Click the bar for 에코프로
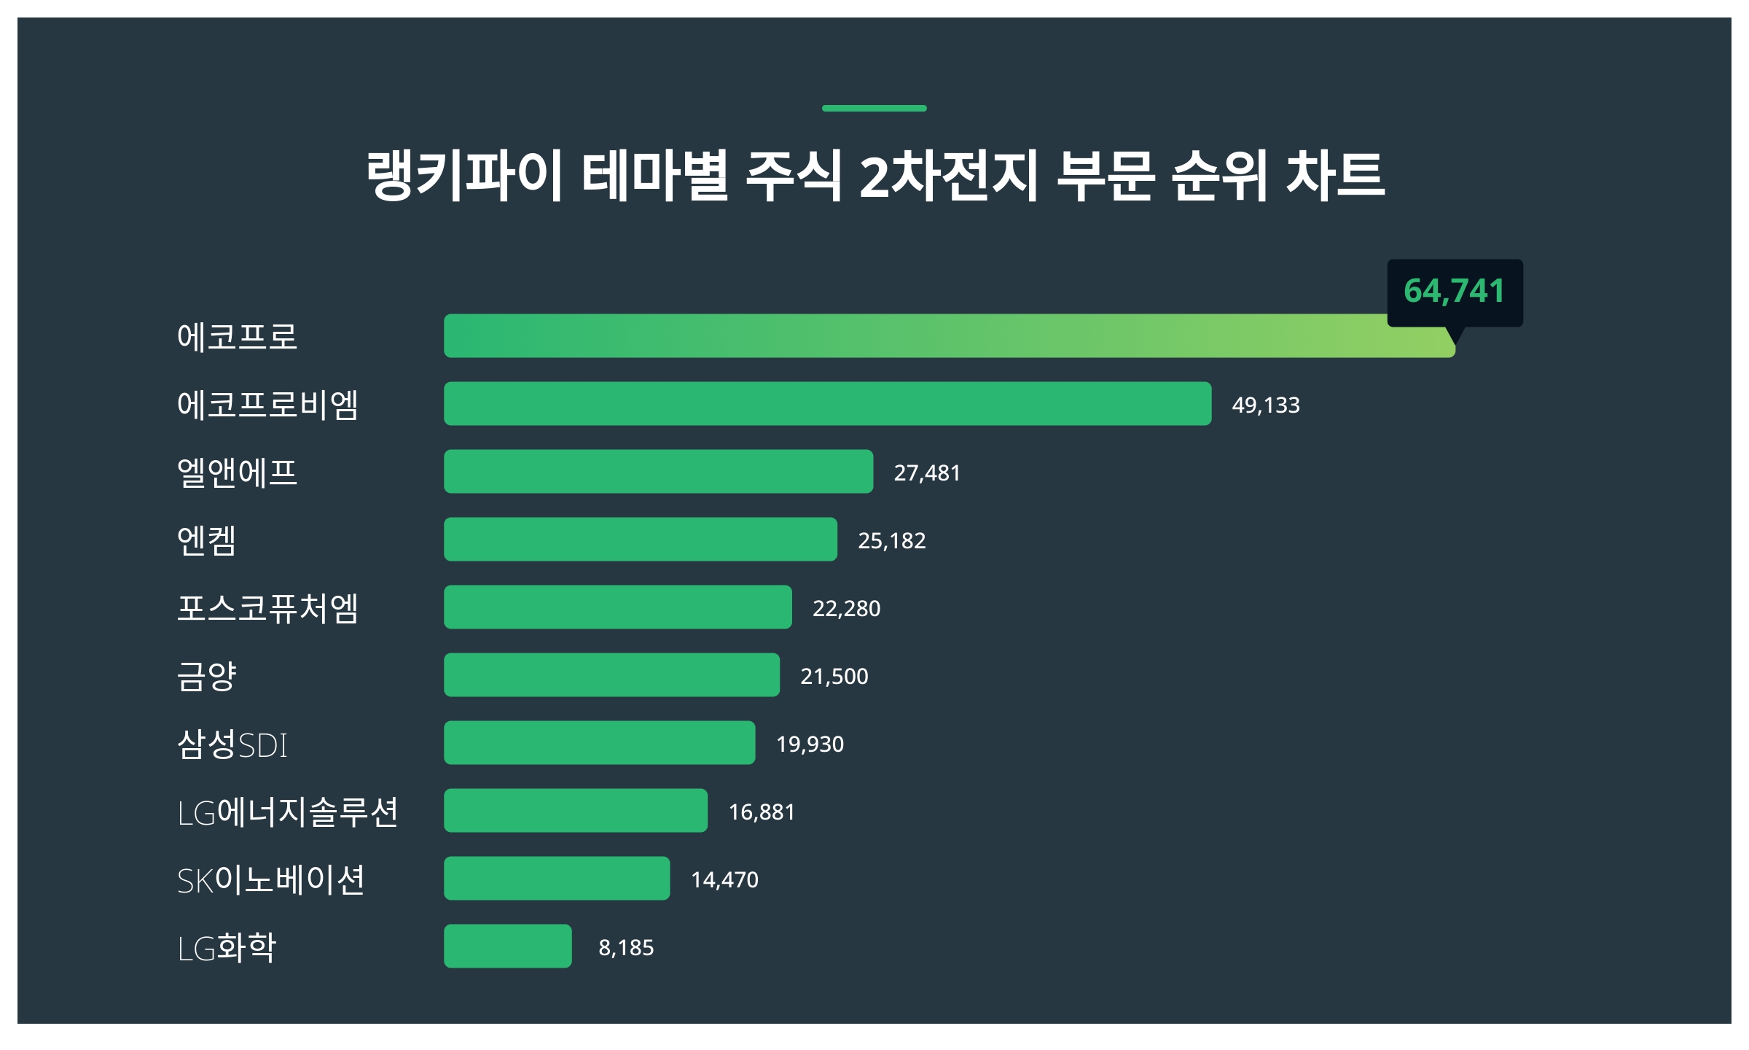point(947,336)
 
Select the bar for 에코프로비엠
point(827,404)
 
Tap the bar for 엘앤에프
point(658,472)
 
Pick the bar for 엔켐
point(640,540)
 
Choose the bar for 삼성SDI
point(599,743)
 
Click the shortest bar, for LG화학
point(507,946)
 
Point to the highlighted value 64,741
point(1454,292)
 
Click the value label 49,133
point(1265,405)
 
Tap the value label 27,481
point(927,473)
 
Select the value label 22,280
point(846,609)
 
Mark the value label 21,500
point(834,677)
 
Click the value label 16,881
point(762,812)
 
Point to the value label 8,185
point(626,948)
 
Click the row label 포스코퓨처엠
point(267,608)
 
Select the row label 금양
point(207,676)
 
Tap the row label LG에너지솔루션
point(288,812)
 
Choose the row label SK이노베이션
point(270,879)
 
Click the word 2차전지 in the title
point(948,176)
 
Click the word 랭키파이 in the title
point(464,176)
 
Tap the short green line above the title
point(874,109)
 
